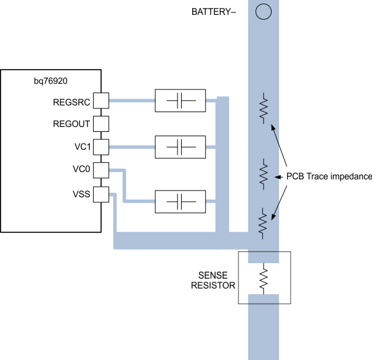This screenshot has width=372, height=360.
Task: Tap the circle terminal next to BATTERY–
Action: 264,12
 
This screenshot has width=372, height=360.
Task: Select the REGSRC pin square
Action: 101,100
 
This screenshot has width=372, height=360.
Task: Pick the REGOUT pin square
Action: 101,123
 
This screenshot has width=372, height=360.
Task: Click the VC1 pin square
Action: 101,147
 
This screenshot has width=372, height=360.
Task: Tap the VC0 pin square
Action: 101,170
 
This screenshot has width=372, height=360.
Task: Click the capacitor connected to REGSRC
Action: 179,100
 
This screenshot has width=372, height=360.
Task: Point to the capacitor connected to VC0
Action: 179,201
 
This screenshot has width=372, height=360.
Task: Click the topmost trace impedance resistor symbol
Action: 264,108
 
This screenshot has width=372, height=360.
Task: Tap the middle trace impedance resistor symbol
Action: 264,174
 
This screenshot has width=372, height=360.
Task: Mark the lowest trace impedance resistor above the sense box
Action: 264,223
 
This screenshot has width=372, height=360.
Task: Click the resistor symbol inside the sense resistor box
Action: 264,277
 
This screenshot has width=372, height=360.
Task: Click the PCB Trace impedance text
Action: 329,176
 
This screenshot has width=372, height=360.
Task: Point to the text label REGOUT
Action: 73,124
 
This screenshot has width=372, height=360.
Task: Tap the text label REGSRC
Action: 73,100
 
